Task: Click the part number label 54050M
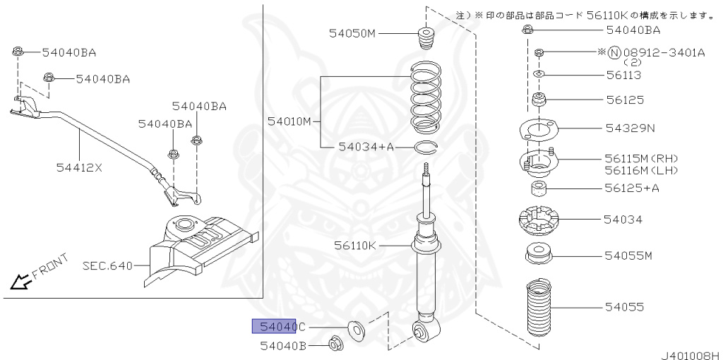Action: pos(352,33)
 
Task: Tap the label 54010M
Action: pos(289,121)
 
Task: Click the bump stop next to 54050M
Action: pos(426,38)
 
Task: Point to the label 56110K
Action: pos(356,245)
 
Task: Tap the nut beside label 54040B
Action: pos(335,344)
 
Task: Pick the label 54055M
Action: pos(628,255)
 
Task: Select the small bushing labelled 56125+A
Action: pos(539,188)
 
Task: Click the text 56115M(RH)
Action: pos(640,159)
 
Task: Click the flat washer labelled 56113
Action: pos(538,74)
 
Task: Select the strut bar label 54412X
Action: pos(79,167)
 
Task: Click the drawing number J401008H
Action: pos(690,354)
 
